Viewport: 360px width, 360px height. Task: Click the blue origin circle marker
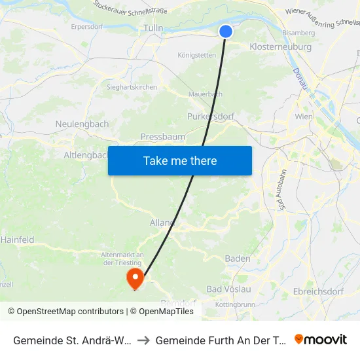tap(226, 31)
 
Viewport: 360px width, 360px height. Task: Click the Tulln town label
tap(153, 28)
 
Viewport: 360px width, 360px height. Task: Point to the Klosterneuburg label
tap(281, 47)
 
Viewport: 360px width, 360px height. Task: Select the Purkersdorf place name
tap(211, 116)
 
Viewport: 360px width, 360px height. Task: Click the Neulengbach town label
tap(81, 124)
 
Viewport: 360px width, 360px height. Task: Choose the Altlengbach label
tap(86, 155)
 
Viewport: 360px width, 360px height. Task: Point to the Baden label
tap(237, 259)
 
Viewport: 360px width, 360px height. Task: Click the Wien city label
tap(304, 116)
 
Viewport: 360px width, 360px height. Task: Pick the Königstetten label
tap(196, 55)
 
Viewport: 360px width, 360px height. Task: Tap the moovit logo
tap(321, 339)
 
